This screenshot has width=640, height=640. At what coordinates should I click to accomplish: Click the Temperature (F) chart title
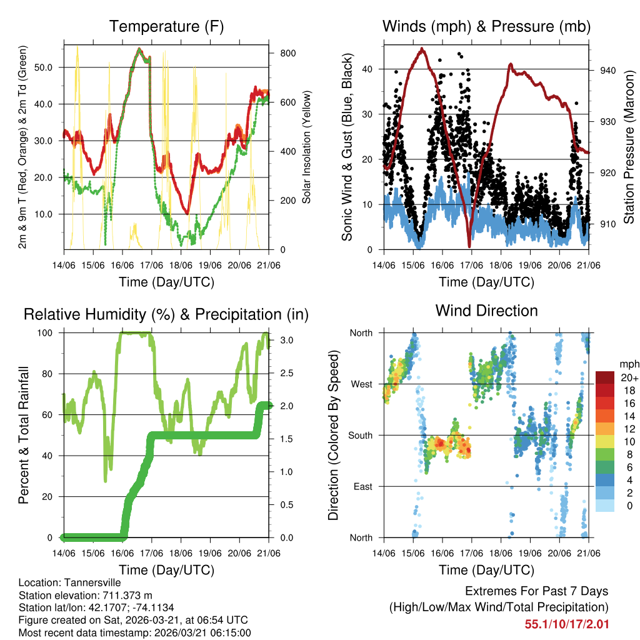click(166, 26)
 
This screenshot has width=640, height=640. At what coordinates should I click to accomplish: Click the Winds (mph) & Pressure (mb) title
click(486, 26)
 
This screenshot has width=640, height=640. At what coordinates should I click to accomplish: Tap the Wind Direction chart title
click(486, 310)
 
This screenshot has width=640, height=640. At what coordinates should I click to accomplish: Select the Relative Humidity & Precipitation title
click(166, 314)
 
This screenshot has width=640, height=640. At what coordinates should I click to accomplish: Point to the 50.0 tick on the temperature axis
click(49, 67)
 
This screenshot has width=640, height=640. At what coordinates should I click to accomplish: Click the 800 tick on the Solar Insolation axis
click(287, 54)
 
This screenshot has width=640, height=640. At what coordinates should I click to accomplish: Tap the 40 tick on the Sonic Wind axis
click(369, 69)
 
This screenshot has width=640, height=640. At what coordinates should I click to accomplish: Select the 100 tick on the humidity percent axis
click(49, 333)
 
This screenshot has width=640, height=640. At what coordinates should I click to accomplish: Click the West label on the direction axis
click(361, 384)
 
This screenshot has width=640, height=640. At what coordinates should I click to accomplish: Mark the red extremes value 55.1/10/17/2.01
click(566, 624)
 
